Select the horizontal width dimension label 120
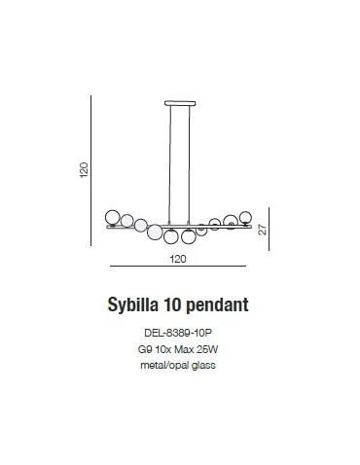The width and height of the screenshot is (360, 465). [178, 260]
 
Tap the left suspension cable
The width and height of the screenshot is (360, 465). [171, 161]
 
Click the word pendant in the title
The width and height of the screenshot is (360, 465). [221, 304]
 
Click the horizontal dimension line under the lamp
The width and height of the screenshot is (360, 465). [178, 268]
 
